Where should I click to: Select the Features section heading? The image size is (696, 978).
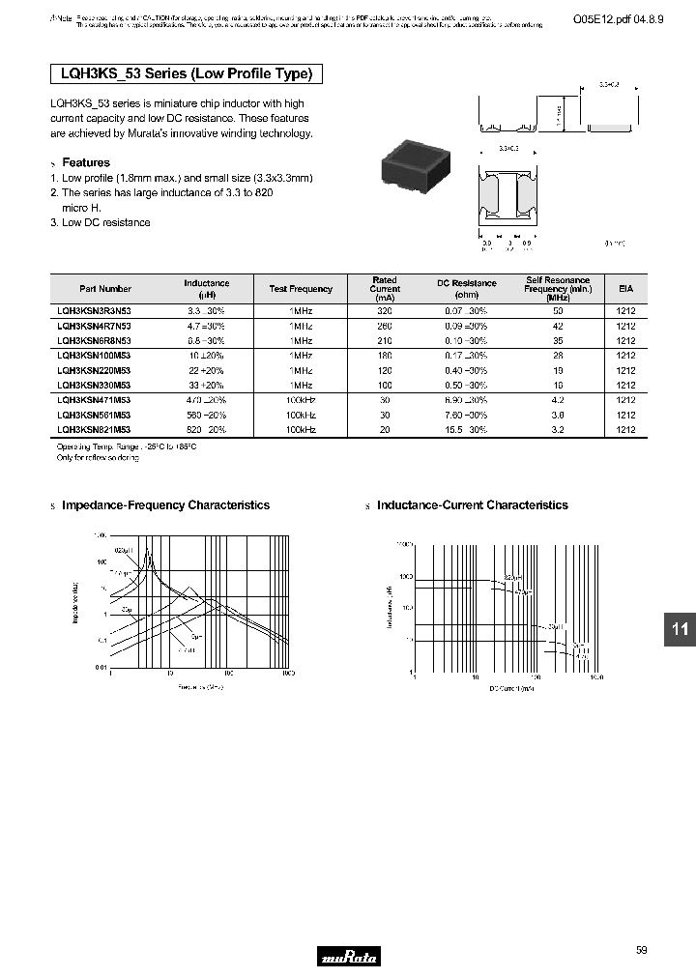pyautogui.click(x=85, y=162)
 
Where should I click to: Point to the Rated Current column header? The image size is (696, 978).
pyautogui.click(x=385, y=289)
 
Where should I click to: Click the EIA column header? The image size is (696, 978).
pyautogui.click(x=625, y=288)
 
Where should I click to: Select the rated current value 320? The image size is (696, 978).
pyautogui.click(x=385, y=312)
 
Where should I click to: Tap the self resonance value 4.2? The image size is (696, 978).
pyautogui.click(x=558, y=399)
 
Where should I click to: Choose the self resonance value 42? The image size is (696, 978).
pyautogui.click(x=558, y=327)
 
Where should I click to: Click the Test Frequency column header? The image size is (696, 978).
pyautogui.click(x=300, y=288)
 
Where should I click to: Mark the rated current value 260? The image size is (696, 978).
pyautogui.click(x=385, y=327)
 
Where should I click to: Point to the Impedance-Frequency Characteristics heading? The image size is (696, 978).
pyautogui.click(x=165, y=505)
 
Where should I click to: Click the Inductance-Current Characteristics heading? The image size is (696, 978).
pyautogui.click(x=472, y=505)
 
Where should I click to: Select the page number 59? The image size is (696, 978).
pyautogui.click(x=642, y=950)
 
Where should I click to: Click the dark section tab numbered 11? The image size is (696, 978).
pyautogui.click(x=680, y=629)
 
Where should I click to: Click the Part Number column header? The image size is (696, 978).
pyautogui.click(x=105, y=288)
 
